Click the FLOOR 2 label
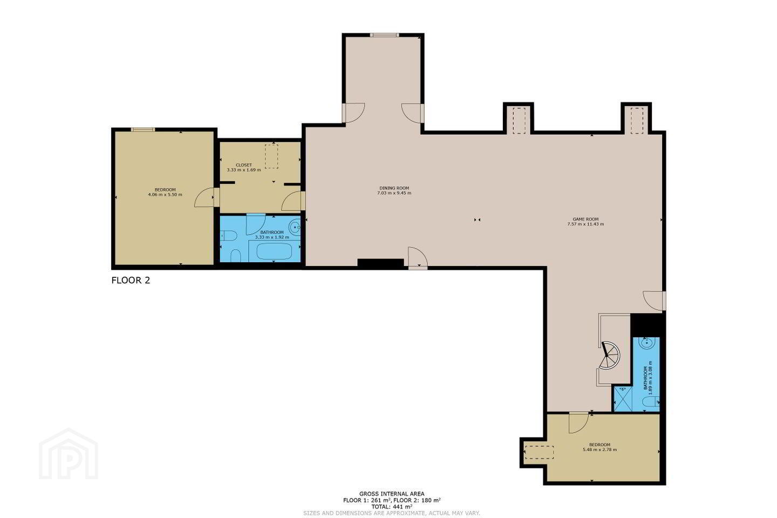(x=131, y=281)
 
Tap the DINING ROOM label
(x=394, y=188)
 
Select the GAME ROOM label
(x=585, y=219)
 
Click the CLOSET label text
(x=244, y=165)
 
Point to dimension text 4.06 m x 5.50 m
(x=165, y=195)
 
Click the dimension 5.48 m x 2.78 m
(x=600, y=449)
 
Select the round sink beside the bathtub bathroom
(x=295, y=228)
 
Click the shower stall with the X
(x=623, y=399)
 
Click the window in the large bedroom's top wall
(x=143, y=129)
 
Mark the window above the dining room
(x=384, y=35)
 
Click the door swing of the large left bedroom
(x=205, y=197)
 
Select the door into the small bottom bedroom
(x=578, y=422)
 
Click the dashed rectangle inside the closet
(x=271, y=156)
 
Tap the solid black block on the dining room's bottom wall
(x=380, y=263)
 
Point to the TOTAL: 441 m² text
(x=392, y=506)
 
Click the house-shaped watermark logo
(x=69, y=454)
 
